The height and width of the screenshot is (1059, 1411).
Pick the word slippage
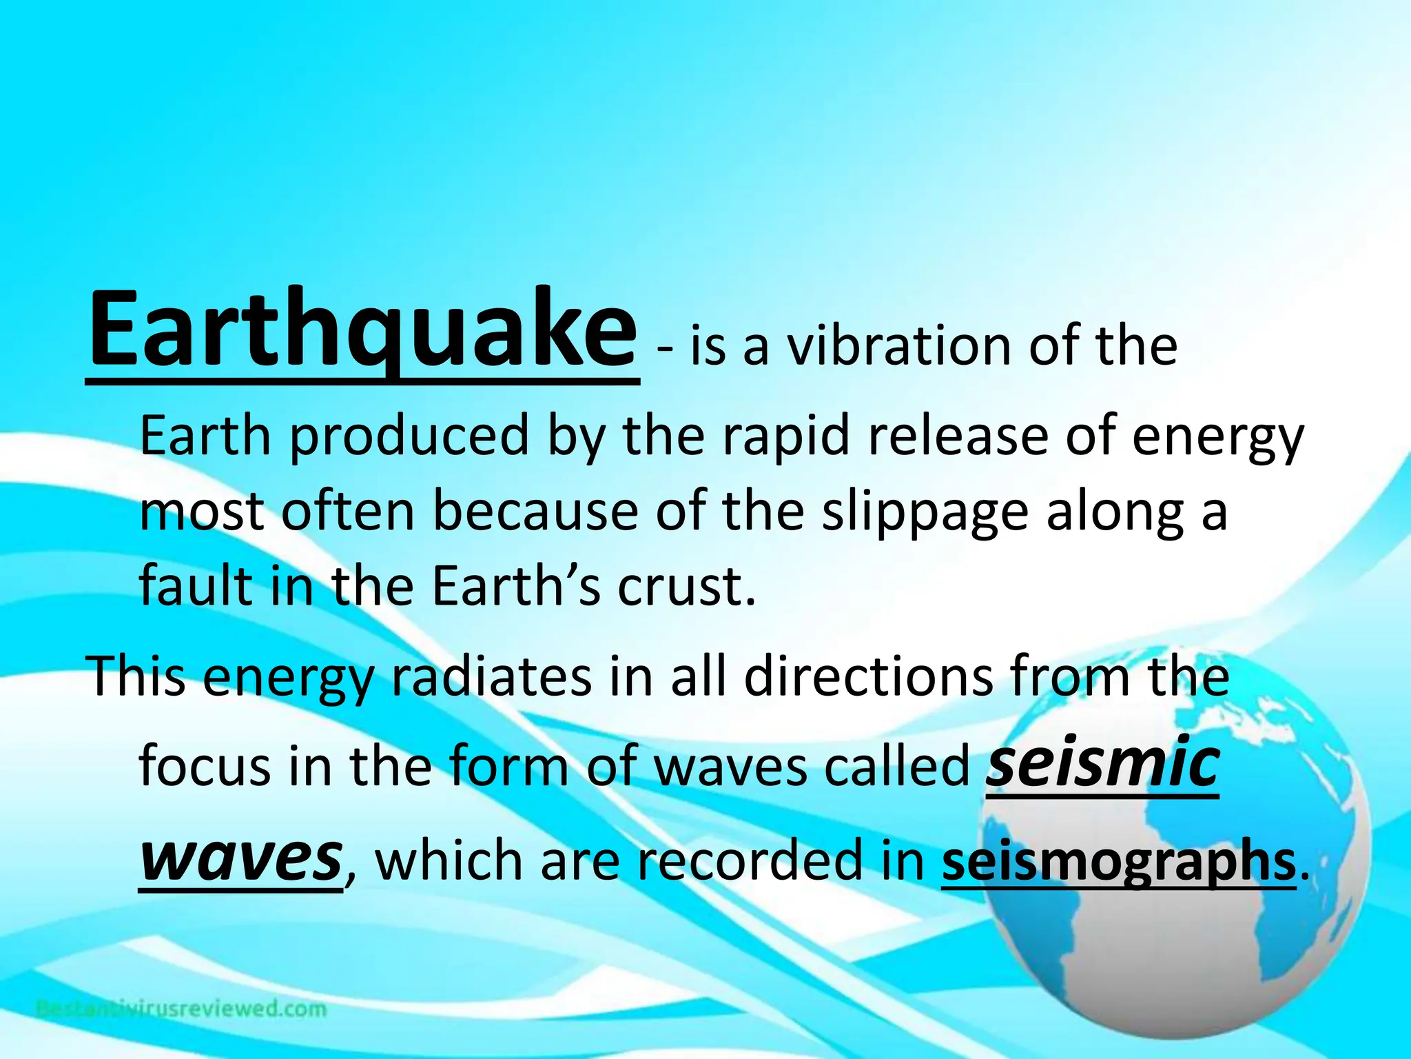[925, 514]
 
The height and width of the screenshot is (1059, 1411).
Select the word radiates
[491, 677]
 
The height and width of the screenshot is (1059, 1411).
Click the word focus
[205, 767]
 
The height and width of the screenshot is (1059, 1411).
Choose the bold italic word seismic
[1102, 763]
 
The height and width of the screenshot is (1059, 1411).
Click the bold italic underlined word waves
[240, 858]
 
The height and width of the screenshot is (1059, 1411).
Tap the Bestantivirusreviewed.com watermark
[181, 1009]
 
